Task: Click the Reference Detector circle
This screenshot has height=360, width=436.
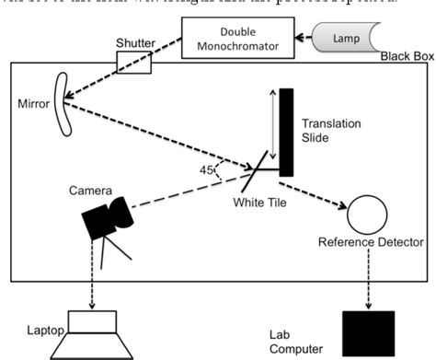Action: (x=369, y=215)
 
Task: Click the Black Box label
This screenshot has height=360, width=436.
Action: (x=406, y=57)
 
